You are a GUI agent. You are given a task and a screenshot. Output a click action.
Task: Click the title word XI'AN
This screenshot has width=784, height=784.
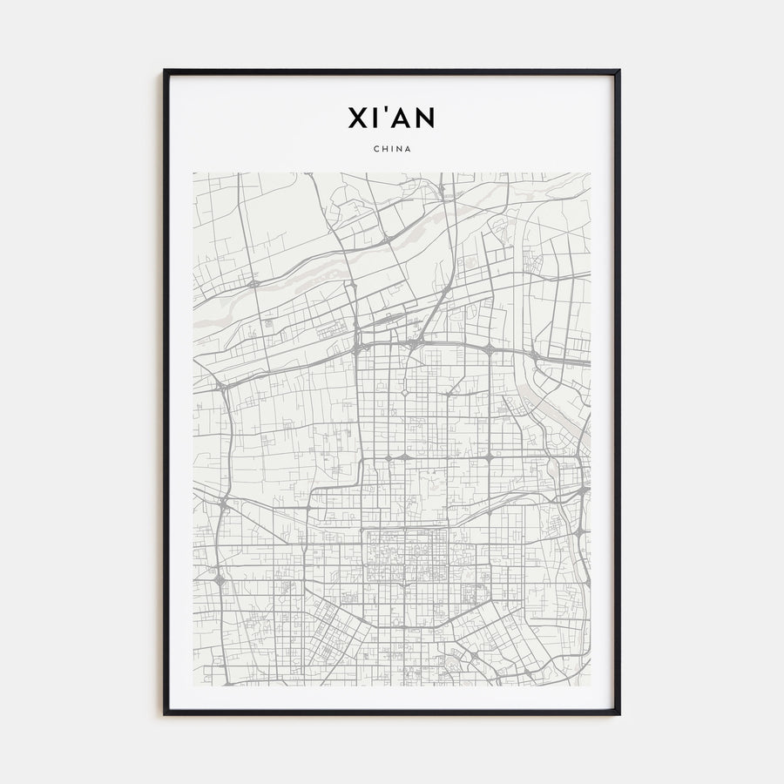(x=392, y=117)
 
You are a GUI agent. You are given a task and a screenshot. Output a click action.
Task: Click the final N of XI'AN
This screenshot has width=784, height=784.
(x=425, y=117)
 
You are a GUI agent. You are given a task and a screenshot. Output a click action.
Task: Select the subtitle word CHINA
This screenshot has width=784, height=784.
(x=392, y=148)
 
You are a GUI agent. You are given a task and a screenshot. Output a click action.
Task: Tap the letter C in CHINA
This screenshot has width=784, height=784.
(x=375, y=148)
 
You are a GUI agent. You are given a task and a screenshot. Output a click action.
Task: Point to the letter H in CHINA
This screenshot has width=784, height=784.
(x=384, y=148)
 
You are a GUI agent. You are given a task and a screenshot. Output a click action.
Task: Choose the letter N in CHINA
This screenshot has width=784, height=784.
(x=399, y=148)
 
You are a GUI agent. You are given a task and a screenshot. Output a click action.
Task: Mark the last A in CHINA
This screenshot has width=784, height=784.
(x=408, y=148)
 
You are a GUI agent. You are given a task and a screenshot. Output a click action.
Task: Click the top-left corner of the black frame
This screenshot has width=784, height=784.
(x=165, y=71)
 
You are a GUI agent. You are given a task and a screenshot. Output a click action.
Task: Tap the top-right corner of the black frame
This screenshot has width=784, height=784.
(x=619, y=71)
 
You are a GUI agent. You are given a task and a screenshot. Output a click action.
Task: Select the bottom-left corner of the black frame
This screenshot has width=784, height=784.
(x=165, y=714)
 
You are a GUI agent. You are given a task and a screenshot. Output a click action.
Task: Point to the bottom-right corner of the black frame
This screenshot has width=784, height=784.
(x=619, y=714)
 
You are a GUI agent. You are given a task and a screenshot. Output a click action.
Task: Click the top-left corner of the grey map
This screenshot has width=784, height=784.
(x=194, y=173)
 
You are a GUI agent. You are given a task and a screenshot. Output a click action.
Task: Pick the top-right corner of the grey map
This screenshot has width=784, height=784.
(x=590, y=173)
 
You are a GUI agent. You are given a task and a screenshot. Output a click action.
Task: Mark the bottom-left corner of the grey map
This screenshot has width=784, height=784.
(x=194, y=685)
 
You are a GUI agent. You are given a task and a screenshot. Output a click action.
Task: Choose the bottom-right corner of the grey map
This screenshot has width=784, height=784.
(x=590, y=685)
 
